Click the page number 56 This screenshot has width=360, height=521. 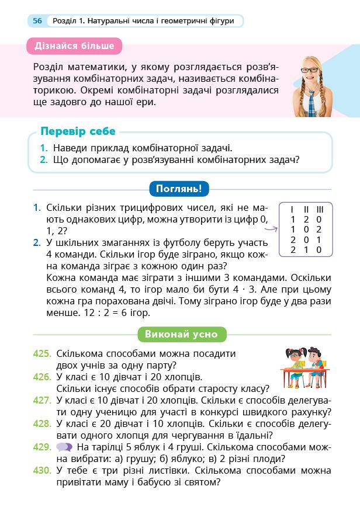click(37, 21)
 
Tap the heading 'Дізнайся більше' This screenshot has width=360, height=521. click(74, 46)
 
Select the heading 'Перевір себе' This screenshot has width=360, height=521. click(78, 131)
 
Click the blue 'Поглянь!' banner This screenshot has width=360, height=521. click(179, 189)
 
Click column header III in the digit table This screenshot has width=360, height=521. click(319, 209)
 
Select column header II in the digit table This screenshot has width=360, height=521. click(306, 209)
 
